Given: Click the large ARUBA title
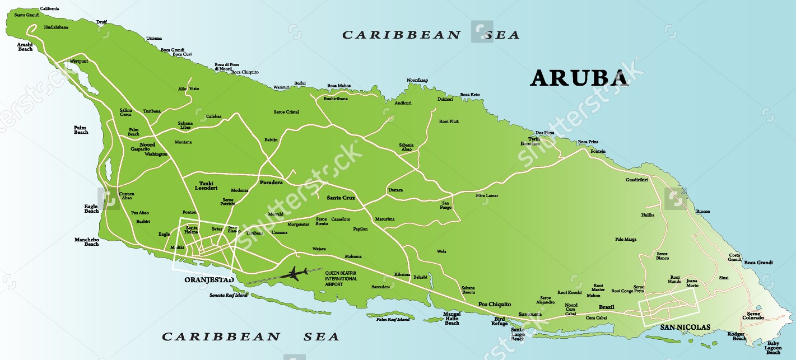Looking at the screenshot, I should click(579, 78).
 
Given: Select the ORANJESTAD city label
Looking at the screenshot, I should click(209, 279).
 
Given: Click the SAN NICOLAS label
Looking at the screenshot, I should click(685, 327).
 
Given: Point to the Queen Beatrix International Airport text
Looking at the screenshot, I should click(341, 278).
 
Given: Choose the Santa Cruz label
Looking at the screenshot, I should click(341, 198).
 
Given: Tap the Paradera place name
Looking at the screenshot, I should click(271, 183).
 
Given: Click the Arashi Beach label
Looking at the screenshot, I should click(25, 46).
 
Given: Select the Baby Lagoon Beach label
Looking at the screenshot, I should click(773, 348).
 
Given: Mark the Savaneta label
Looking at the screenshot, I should click(530, 314).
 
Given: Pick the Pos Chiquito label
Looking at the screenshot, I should click(494, 304).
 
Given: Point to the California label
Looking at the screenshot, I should click(49, 8).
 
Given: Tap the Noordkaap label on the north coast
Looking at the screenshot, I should click(417, 80).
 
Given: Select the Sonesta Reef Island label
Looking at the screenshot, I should click(228, 295).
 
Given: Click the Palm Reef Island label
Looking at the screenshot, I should click(392, 319).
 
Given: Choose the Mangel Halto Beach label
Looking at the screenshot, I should click(451, 318).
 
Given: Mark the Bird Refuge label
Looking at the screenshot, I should click(499, 321).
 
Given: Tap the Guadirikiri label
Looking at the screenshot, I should click(636, 180).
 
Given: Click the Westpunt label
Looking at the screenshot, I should click(79, 61).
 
